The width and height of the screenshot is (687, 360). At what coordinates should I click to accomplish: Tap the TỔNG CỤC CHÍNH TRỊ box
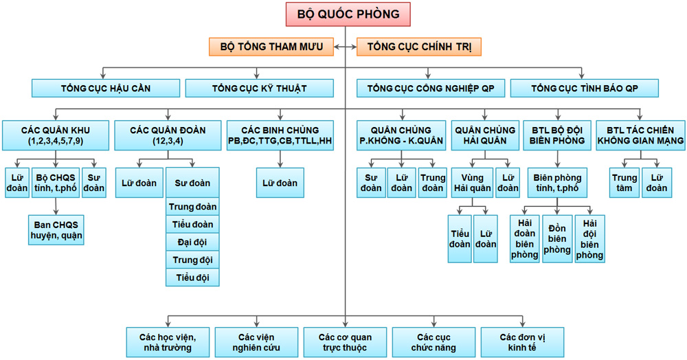[418, 47]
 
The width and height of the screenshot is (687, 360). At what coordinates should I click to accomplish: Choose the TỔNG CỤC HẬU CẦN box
[106, 88]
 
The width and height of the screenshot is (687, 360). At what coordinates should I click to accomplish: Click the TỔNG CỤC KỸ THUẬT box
[259, 88]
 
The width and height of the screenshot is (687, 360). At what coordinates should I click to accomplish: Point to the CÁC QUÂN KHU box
[54, 135]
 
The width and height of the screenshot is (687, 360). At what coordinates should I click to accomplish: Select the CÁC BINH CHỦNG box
[280, 135]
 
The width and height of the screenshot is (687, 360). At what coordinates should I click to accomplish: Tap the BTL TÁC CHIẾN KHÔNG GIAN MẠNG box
[640, 135]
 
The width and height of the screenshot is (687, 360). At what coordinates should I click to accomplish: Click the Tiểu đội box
[192, 278]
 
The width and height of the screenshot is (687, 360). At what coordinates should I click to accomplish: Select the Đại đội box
[192, 242]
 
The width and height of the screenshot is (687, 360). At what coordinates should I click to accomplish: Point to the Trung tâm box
[624, 183]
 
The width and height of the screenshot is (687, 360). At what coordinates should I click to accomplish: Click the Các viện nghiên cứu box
[256, 341]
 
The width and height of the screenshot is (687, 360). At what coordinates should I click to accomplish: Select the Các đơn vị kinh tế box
[522, 341]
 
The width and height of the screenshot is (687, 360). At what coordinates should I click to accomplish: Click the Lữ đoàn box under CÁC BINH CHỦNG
[280, 183]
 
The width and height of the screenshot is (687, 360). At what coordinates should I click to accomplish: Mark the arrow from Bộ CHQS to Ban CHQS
[55, 207]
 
